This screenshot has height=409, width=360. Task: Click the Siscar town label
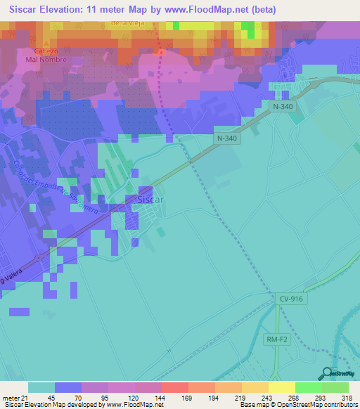(150, 200)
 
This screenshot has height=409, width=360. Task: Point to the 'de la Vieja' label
(127, 22)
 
